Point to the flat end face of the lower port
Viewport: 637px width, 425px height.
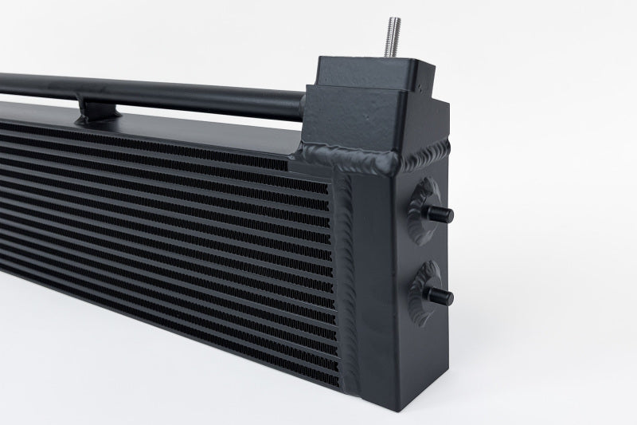450,297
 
